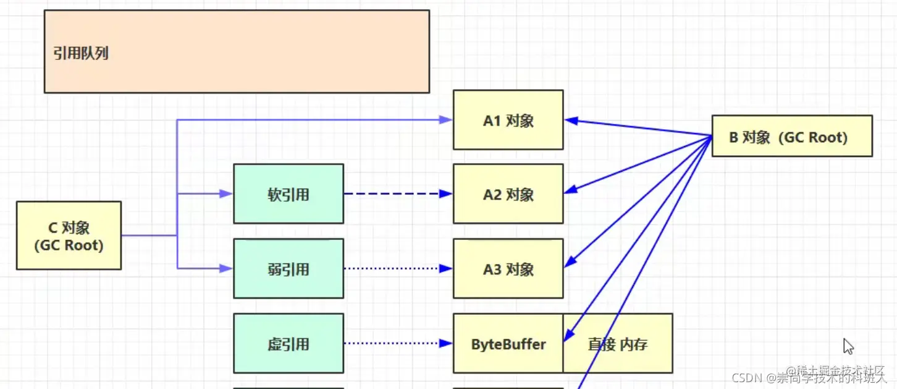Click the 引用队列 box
237,51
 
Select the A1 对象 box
508,120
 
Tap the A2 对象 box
508,194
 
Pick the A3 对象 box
508,268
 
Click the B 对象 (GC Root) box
791,136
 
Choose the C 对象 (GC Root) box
69,236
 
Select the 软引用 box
288,194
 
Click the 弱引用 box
288,268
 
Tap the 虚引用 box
288,343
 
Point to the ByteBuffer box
508,344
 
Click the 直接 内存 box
618,344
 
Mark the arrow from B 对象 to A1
636,127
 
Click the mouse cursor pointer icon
848,346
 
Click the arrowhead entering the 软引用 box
226,194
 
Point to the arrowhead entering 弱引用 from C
226,268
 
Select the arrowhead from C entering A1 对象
446,120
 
